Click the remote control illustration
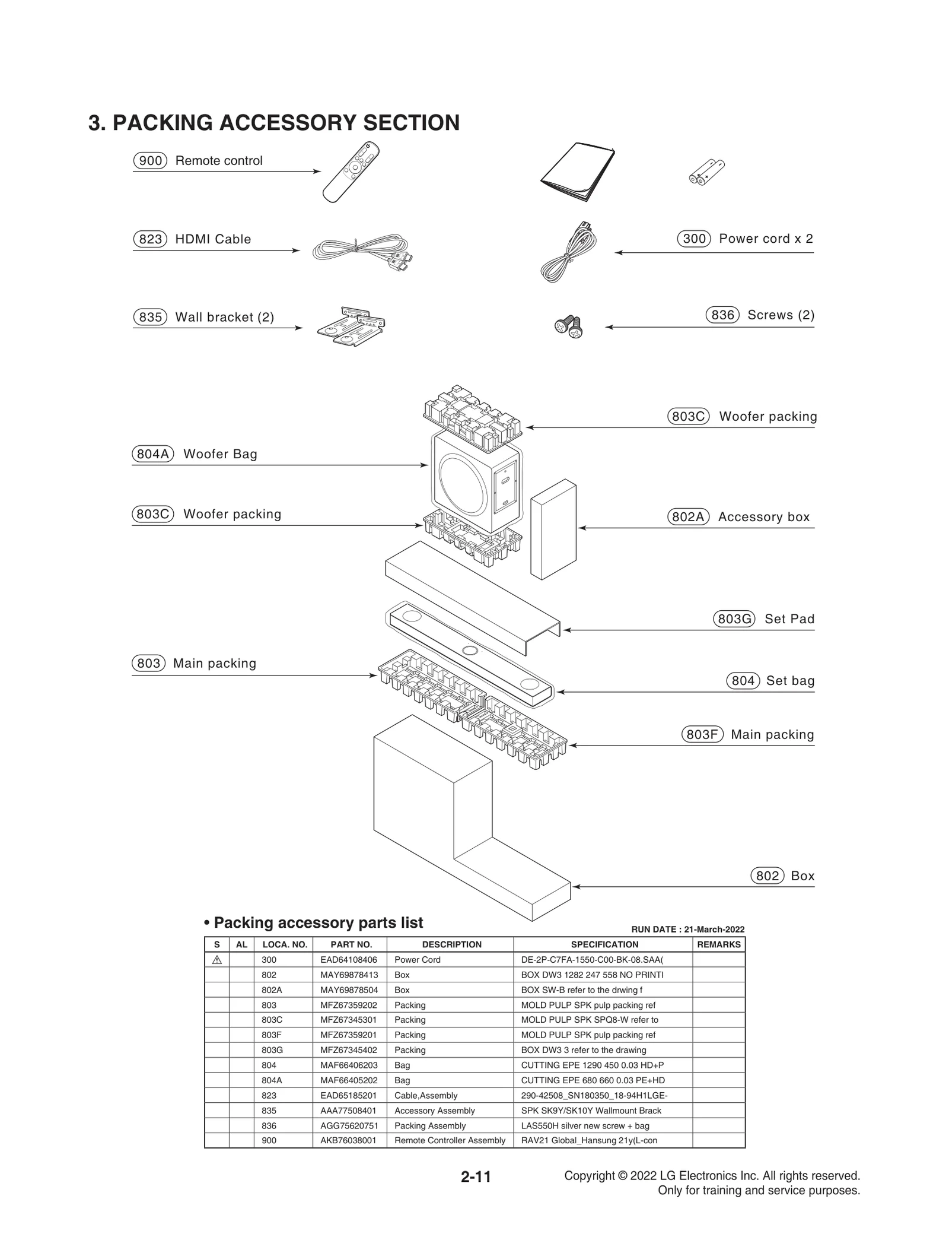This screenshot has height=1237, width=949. point(351,172)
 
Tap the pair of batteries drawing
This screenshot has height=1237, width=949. point(706,172)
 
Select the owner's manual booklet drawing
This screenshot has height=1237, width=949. point(577,173)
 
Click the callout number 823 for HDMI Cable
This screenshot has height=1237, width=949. point(150,239)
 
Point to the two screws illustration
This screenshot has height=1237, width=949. point(569,326)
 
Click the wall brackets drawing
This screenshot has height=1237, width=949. point(351,326)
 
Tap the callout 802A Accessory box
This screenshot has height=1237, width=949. point(688,517)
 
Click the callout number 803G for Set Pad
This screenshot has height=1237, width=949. point(734,619)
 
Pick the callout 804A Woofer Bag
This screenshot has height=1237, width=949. point(152,454)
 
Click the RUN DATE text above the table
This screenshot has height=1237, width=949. point(687,930)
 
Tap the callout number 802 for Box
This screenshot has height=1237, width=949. point(767,876)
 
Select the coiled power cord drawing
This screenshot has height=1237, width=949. point(568,252)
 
